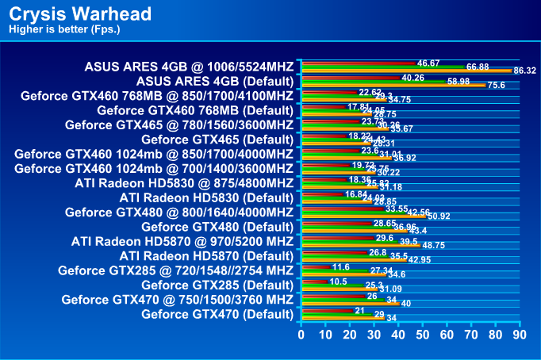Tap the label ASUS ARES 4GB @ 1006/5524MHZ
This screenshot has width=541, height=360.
coord(189,66)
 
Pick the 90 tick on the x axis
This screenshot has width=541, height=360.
coord(520,335)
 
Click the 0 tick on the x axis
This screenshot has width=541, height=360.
coord(301,335)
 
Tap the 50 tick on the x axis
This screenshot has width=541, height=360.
coord(422,335)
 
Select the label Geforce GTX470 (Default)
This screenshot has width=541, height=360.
coord(217,314)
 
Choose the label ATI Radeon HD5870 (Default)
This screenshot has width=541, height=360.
coord(206,256)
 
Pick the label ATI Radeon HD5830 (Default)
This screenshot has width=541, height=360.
coord(206,197)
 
